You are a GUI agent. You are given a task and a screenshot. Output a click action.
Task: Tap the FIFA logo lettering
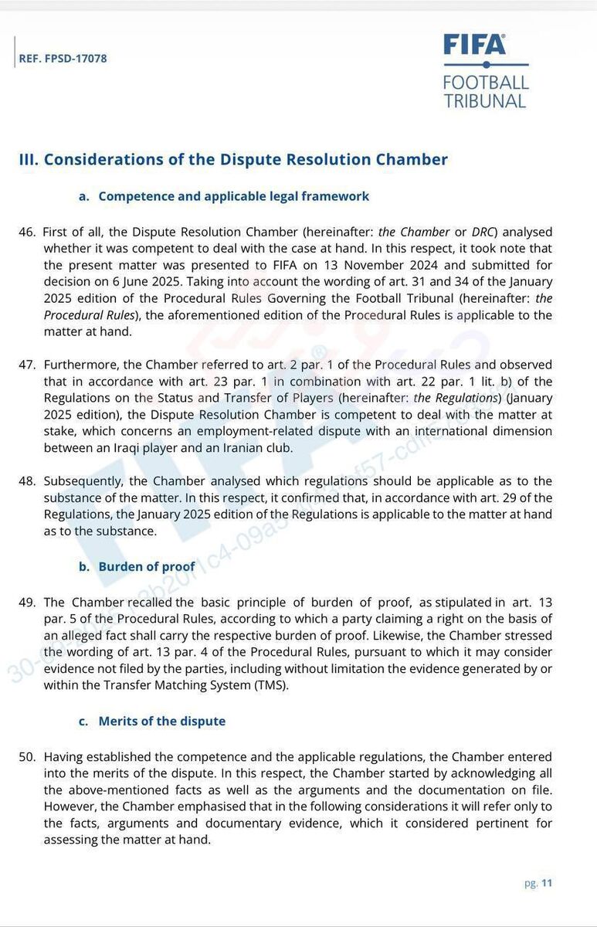tap(475, 45)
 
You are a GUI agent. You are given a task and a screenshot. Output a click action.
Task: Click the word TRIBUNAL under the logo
tap(485, 100)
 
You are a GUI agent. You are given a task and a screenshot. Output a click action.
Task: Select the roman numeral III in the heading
tap(28, 160)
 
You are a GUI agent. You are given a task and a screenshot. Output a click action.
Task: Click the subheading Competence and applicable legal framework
tap(234, 196)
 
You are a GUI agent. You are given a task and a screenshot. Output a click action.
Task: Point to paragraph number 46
tap(27, 232)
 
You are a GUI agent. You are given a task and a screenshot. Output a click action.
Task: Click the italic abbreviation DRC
tap(485, 232)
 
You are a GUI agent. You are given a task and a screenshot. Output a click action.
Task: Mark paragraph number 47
tap(27, 365)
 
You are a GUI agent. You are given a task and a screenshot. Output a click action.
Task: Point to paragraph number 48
tap(27, 481)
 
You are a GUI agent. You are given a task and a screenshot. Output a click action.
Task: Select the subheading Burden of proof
tap(147, 566)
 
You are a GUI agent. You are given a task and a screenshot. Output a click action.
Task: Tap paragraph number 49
tap(27, 602)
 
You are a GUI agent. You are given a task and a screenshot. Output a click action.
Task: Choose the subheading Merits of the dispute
tap(162, 721)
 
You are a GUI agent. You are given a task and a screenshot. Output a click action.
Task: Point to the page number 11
tap(547, 884)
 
